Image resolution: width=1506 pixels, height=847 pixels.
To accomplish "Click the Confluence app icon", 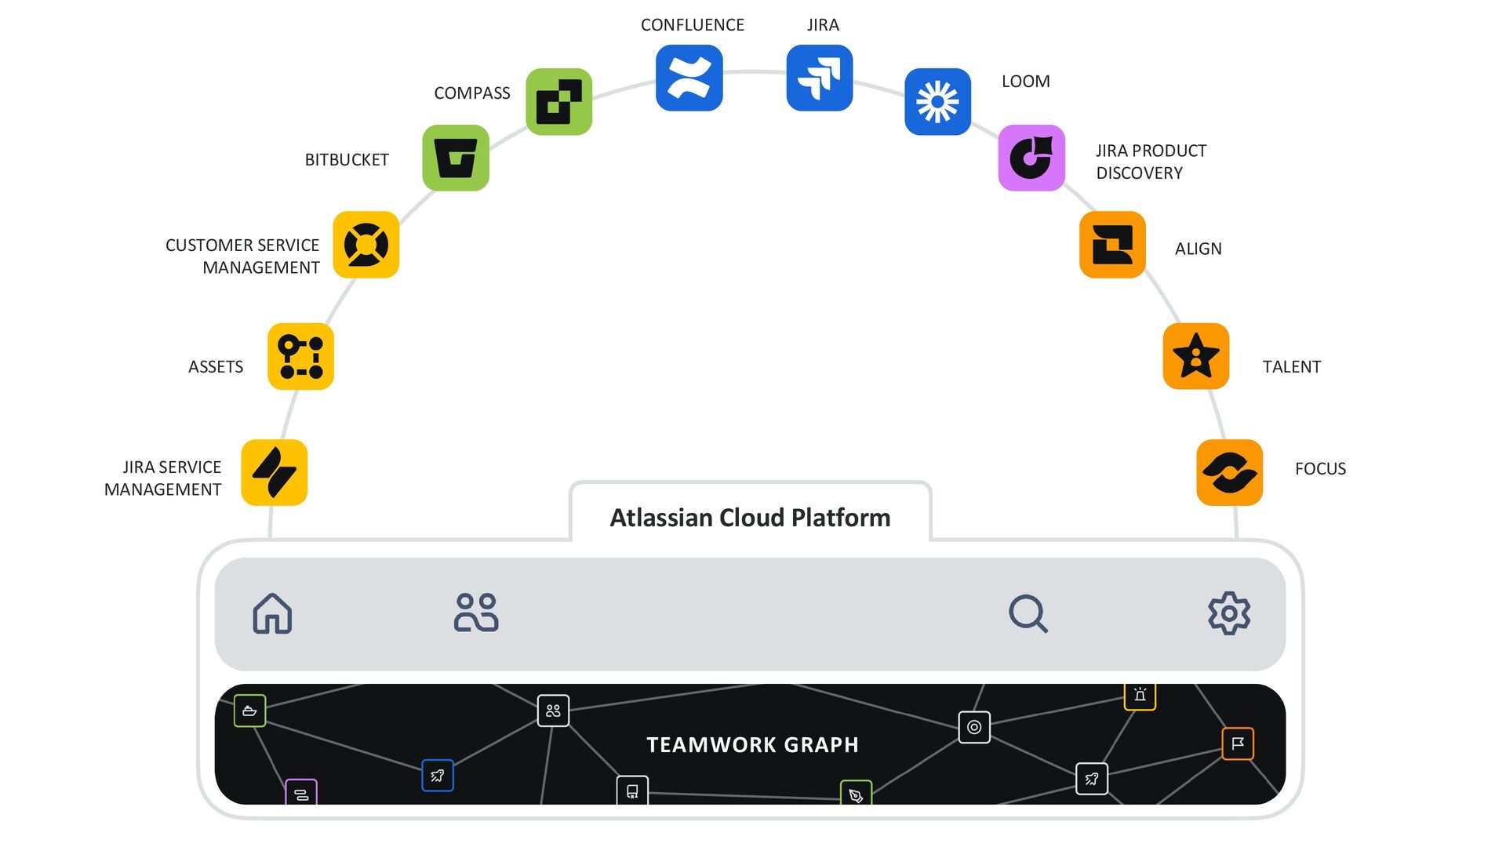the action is [689, 78].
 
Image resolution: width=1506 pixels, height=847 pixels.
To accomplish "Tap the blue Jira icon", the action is [819, 78].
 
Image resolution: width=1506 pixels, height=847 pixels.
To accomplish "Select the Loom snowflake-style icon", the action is [937, 101].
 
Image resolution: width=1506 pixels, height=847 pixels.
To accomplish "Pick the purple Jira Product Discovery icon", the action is [1031, 158].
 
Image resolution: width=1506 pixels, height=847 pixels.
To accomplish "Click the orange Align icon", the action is [1112, 245].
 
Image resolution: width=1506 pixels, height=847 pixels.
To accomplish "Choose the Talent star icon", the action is [1195, 356].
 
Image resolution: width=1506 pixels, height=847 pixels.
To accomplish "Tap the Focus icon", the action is [1229, 472].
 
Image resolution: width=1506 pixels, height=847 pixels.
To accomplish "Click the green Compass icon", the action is [558, 101].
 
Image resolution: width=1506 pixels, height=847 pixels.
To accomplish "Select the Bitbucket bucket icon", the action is [456, 158].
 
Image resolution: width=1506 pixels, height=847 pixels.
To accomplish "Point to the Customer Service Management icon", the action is [366, 245].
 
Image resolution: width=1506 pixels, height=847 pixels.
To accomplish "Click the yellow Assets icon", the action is [300, 356].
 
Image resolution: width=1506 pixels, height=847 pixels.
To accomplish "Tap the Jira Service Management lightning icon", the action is [274, 472].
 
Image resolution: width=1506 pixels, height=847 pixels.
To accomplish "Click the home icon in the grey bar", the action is [272, 613].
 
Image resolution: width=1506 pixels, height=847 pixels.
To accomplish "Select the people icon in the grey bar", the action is [476, 613].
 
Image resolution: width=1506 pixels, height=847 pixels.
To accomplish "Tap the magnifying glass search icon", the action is [1028, 613].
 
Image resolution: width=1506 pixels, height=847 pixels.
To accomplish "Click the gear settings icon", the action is [1229, 613].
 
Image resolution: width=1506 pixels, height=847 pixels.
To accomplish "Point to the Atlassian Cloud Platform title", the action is [750, 518].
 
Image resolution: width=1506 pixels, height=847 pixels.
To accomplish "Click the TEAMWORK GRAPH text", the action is [752, 744].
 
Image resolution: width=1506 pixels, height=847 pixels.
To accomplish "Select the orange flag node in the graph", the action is [1238, 743].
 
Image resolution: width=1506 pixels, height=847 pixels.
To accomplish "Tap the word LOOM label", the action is [1025, 82].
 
